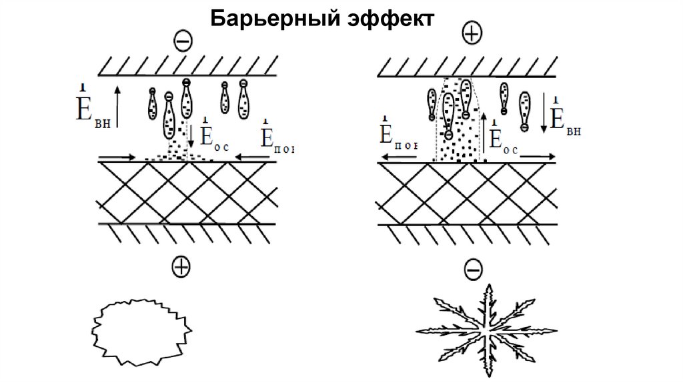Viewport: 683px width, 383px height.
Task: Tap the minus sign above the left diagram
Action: tap(183, 41)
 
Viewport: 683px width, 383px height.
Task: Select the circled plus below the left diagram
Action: tap(180, 267)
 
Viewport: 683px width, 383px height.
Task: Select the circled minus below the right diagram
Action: tap(472, 269)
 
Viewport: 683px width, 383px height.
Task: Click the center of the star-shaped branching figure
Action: tap(486, 331)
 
